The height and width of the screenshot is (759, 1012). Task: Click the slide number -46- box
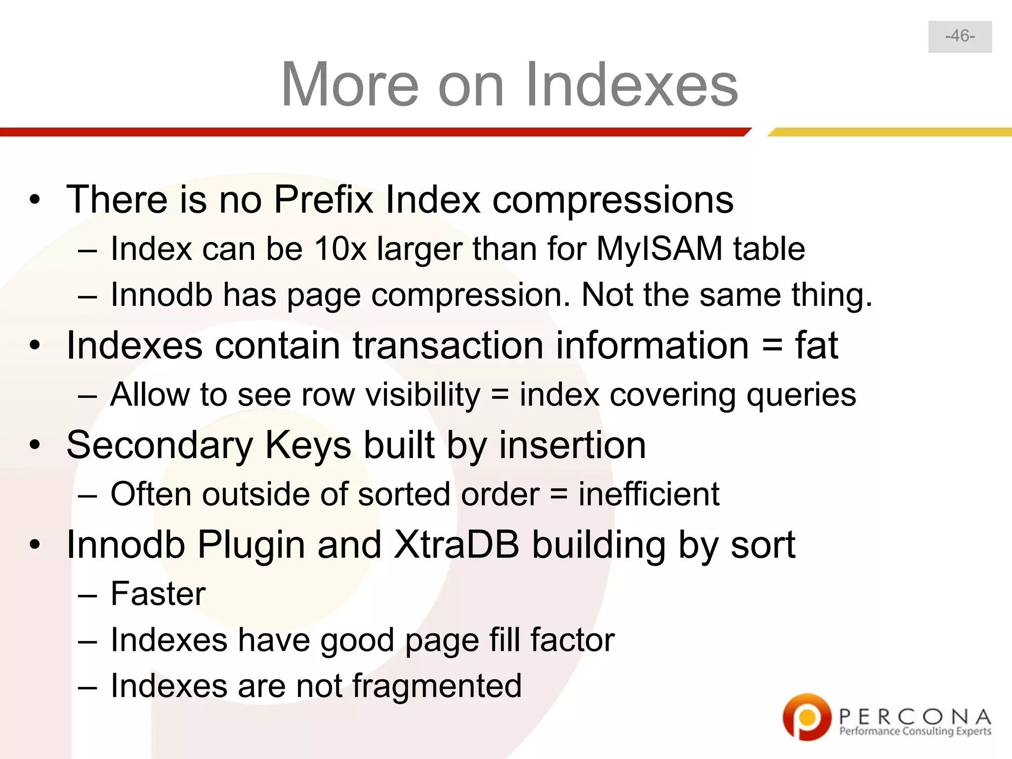[960, 37]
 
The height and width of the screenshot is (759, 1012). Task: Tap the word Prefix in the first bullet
[323, 200]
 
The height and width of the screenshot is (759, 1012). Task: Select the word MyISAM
[659, 248]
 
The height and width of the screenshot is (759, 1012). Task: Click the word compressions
[613, 201]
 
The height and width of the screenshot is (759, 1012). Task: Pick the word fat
[816, 345]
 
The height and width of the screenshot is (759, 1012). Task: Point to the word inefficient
[649, 494]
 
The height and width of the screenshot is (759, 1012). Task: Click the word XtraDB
[456, 545]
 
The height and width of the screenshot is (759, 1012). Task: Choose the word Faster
[158, 593]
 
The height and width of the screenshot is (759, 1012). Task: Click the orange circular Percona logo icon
[806, 717]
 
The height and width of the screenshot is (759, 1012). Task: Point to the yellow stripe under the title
[889, 132]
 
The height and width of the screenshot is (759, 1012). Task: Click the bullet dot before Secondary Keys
[34, 445]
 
